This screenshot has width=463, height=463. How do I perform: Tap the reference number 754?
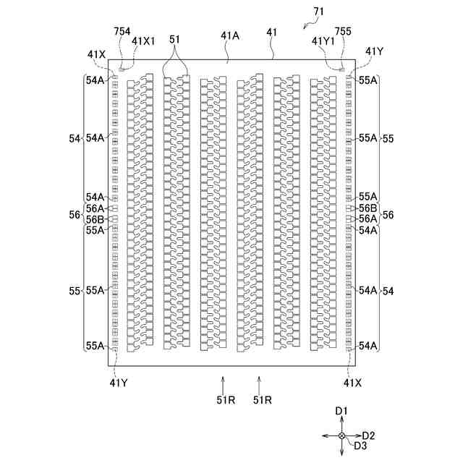point(124,31)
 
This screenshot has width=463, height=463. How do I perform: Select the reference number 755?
point(342,31)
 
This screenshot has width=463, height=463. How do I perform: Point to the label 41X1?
point(143,41)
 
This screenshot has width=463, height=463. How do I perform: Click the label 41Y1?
point(323,41)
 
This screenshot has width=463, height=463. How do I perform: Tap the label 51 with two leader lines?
point(176,39)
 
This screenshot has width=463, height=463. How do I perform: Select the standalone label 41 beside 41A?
point(272,33)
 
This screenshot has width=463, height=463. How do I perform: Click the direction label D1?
point(342,410)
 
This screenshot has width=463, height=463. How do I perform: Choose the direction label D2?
point(368,436)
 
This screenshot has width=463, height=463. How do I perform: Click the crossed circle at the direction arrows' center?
point(342,436)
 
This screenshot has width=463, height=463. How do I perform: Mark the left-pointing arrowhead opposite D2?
point(326,436)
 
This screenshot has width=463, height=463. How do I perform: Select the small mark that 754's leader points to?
point(121,70)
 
